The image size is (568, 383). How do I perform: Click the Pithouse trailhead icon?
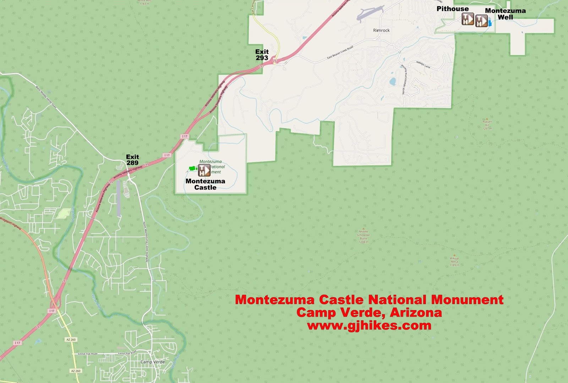coord(468,19)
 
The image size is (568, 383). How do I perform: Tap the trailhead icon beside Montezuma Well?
coord(481,21)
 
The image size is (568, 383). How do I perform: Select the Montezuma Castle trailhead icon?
coord(204,170)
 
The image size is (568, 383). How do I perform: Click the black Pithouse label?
coord(453,9)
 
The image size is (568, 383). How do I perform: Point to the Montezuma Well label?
coord(505,14)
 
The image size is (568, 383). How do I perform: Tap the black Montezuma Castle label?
coord(205,184)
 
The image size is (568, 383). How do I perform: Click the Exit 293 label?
coord(262,55)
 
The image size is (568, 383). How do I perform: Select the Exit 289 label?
coord(132,160)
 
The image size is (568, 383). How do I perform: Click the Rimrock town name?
coord(381,31)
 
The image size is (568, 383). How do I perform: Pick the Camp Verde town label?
coord(153,362)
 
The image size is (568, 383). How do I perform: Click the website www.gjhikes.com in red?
coord(369,325)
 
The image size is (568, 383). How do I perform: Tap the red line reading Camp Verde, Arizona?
coord(369,313)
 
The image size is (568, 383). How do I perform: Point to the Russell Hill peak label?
coord(487,125)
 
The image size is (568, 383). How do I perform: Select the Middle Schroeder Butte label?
coord(364,237)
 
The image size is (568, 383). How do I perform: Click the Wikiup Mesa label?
coord(454,261)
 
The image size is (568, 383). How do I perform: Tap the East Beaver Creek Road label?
coord(340,53)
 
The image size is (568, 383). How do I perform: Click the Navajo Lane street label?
coord(423,65)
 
